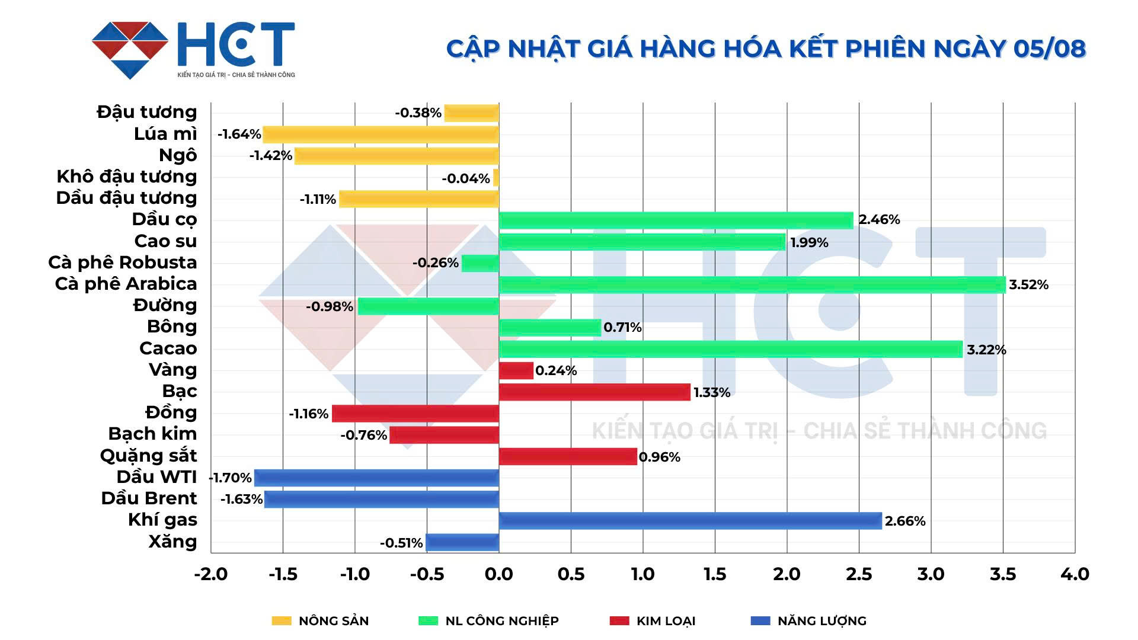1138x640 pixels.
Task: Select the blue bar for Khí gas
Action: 690,521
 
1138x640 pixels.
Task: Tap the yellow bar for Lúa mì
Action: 381,135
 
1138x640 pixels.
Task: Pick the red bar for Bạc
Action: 594,392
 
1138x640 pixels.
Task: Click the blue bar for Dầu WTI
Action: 376,478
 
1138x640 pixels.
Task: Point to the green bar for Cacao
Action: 730,349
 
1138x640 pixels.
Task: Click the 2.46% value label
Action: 879,220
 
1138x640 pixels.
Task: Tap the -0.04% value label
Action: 466,178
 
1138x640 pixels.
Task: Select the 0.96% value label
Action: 659,457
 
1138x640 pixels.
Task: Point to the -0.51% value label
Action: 401,543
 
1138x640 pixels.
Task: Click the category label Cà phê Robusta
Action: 123,263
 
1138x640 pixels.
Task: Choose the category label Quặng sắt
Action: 148,456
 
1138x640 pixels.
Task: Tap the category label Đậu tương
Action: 147,112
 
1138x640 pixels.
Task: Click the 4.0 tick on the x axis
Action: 1075,574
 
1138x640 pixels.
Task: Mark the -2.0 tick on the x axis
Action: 211,574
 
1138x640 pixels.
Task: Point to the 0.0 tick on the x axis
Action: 498,574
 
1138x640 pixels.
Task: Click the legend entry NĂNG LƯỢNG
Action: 821,620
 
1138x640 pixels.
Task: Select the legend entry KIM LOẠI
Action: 666,620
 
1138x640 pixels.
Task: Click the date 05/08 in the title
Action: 1049,49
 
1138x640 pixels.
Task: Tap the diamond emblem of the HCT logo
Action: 130,50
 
